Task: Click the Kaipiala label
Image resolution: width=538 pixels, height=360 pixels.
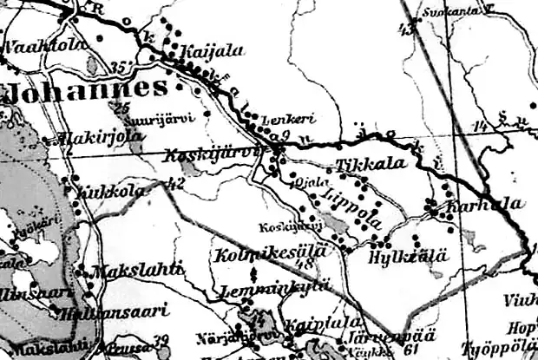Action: pos(309,324)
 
